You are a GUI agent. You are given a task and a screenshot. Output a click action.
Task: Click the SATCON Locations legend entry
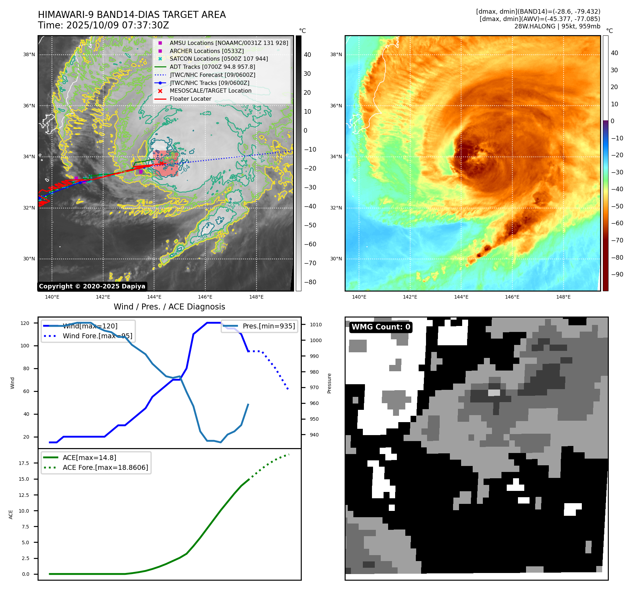[219, 59]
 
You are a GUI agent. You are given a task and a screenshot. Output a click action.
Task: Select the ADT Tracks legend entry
[212, 67]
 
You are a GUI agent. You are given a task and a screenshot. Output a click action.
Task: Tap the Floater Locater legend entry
[190, 99]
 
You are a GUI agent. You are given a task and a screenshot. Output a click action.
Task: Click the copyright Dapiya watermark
[92, 286]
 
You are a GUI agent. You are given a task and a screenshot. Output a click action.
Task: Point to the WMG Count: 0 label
[381, 327]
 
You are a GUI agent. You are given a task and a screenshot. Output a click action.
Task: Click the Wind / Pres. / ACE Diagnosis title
[169, 307]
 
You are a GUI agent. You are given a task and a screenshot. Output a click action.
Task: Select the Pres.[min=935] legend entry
[268, 326]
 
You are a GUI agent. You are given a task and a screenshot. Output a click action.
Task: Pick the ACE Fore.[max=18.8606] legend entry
[105, 467]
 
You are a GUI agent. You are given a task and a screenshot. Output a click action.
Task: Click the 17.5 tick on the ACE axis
[24, 463]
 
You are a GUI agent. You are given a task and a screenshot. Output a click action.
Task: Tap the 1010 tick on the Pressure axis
[315, 325]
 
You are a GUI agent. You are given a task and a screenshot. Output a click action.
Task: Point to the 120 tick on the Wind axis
[25, 323]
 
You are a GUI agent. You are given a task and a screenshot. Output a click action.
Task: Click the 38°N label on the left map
[29, 54]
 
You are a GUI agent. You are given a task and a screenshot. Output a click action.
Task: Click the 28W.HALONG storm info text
[557, 26]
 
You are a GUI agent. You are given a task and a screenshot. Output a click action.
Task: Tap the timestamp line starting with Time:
[104, 25]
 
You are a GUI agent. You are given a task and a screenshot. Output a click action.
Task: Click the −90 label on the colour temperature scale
[617, 274]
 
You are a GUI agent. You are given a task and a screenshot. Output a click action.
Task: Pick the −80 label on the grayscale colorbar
[310, 282]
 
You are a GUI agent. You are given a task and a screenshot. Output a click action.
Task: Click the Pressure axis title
[329, 383]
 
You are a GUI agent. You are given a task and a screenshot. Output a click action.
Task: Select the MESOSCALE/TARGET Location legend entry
[210, 91]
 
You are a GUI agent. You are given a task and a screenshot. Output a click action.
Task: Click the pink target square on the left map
[166, 164]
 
